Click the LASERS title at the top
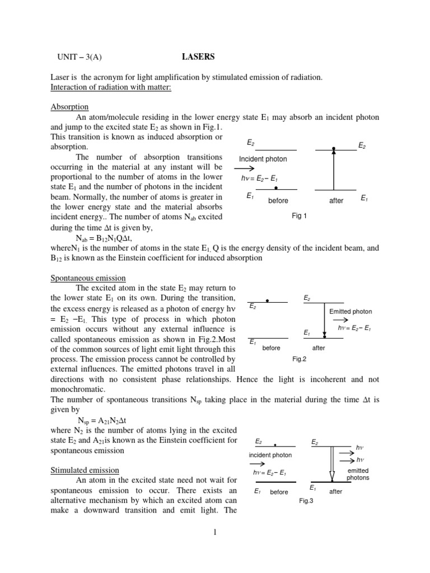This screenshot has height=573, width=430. pos(198,57)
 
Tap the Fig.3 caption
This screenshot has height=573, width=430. pos(306,501)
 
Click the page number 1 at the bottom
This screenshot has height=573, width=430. pos(214,532)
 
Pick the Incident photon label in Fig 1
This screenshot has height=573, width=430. pos(263,159)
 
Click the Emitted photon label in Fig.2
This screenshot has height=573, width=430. pos(350,311)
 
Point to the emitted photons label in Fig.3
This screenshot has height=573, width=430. pos(358,475)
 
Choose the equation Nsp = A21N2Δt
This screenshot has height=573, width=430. pos(106,420)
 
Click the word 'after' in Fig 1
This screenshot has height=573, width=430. pos(336,200)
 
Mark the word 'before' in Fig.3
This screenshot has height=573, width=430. pos(279,492)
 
